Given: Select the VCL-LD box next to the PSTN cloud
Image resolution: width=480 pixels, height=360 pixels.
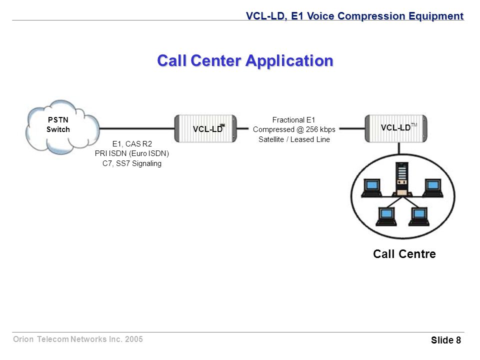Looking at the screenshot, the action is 205,128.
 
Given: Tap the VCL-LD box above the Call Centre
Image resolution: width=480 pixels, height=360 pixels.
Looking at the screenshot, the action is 396,128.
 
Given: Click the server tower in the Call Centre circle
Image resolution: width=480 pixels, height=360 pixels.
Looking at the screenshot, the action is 402,179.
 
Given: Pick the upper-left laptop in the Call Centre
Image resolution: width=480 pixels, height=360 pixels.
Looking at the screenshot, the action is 371,187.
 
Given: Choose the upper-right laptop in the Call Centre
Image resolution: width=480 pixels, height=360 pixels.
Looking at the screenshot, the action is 432,187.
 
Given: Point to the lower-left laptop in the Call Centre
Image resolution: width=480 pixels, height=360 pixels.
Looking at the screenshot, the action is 386,216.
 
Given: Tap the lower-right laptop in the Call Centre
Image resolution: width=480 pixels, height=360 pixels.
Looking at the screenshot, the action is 419,216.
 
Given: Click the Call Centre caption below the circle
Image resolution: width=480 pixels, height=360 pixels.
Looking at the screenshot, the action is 404,254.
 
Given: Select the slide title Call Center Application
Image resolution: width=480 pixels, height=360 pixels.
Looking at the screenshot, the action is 245,60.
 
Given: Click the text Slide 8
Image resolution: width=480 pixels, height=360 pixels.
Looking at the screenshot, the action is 445,340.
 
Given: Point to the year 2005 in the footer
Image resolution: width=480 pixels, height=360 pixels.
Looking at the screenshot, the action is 134,339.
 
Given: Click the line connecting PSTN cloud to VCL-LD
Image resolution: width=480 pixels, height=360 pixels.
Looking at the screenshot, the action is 137,128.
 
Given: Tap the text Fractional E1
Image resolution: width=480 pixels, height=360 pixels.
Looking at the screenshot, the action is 293,119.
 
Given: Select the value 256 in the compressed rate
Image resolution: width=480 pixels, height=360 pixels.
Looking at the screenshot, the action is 312,129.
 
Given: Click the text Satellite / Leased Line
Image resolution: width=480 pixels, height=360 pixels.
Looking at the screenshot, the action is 294,139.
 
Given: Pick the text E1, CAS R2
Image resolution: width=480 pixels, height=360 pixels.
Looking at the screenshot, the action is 132,144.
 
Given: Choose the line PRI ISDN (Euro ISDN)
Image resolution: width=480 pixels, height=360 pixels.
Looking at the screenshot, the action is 132,153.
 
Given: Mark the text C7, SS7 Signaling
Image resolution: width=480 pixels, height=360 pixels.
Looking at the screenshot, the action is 132,163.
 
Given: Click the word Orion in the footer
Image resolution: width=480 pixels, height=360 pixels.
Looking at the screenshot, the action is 23,339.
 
